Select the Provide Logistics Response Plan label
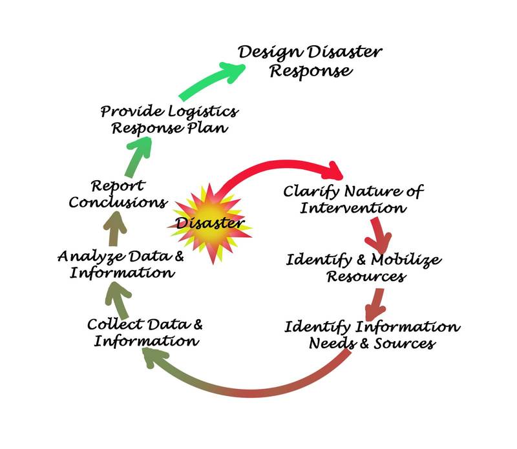(169, 119)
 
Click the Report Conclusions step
(127, 194)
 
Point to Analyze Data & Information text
(120, 264)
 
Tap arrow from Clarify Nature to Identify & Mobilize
(377, 235)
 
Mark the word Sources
(406, 342)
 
